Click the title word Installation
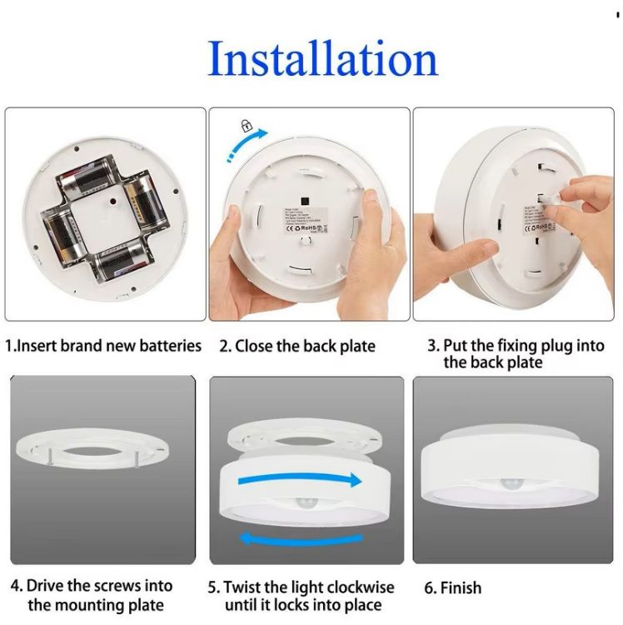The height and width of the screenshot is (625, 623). coord(322,57)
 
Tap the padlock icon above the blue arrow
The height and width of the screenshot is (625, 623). coord(246,126)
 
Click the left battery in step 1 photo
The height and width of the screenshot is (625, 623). coord(60,237)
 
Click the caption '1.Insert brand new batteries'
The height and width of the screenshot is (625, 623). coord(103,345)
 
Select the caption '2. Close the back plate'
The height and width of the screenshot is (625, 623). coord(297,346)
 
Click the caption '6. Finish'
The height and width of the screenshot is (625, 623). coord(452,587)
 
